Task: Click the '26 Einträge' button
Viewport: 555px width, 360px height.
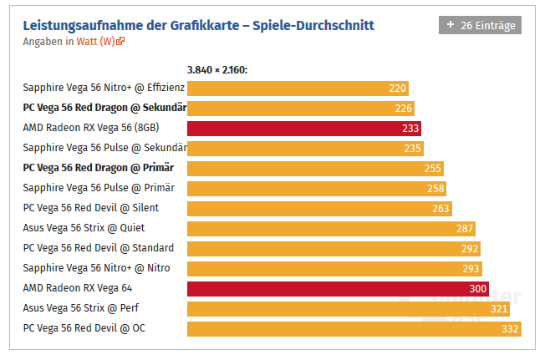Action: (480, 25)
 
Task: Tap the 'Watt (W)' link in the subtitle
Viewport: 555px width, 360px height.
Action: (95, 41)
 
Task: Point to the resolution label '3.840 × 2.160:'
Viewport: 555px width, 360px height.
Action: (217, 70)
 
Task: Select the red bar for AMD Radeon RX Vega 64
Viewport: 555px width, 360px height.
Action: (338, 289)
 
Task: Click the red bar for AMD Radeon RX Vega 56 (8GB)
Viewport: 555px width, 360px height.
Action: (304, 128)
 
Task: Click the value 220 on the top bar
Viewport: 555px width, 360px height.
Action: (398, 88)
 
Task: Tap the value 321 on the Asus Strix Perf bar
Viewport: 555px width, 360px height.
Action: (499, 309)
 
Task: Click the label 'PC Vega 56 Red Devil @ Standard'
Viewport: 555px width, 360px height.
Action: (99, 248)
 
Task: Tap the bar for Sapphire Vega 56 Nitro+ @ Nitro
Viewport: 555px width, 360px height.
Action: (334, 269)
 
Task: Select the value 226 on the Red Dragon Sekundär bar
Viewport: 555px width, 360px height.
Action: (404, 108)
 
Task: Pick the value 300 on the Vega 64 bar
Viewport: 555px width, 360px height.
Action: (478, 289)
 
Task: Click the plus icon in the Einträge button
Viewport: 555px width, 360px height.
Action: (451, 25)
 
